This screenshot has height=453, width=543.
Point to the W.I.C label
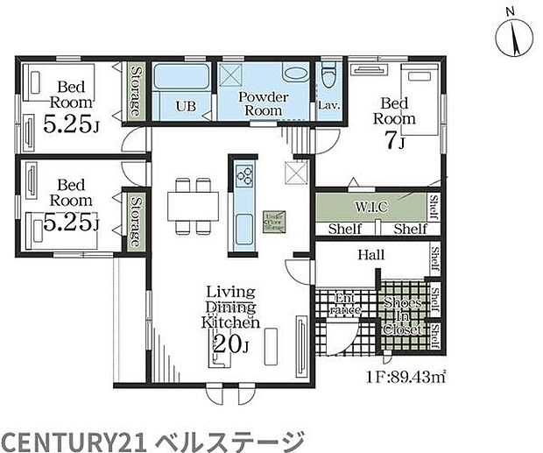371,207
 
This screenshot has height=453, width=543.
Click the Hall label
370,255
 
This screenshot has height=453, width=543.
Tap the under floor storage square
273,219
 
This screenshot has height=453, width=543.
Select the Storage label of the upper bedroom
136,91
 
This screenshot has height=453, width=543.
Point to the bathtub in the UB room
180,76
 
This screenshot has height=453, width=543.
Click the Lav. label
329,106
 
